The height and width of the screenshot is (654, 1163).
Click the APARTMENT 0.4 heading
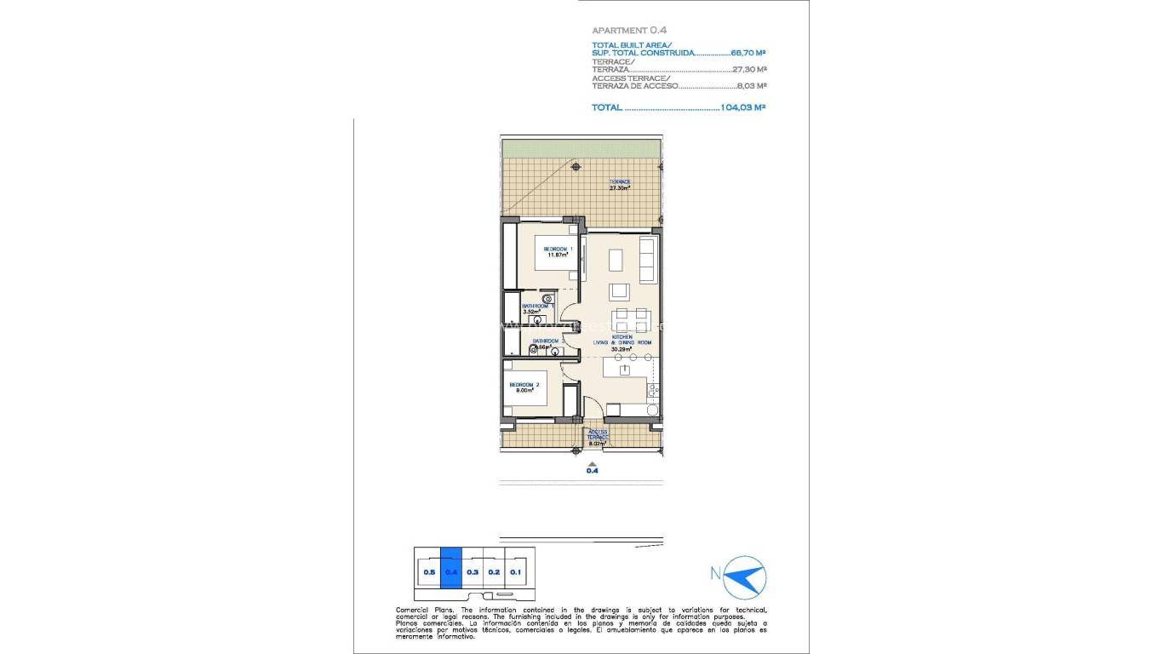[x=629, y=30]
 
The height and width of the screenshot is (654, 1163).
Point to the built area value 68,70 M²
[x=749, y=53]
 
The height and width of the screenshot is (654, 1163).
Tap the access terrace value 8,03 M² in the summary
[x=752, y=86]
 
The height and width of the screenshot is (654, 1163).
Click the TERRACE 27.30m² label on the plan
[x=619, y=185]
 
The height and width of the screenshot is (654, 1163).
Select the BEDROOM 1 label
[x=558, y=251]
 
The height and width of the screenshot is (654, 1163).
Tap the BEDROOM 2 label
[x=522, y=388]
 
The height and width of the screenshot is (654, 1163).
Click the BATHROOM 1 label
[x=537, y=308]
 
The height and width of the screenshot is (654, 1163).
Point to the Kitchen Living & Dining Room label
[x=622, y=342]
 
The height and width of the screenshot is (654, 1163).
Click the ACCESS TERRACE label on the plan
[x=598, y=437]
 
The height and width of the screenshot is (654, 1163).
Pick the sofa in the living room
[x=648, y=261]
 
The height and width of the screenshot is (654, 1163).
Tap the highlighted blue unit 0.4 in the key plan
[x=450, y=572]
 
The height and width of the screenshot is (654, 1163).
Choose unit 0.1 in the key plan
[x=515, y=572]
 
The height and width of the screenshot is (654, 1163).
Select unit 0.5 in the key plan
[x=428, y=572]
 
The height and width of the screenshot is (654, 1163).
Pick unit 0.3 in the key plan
[x=473, y=572]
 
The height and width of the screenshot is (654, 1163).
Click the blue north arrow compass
[x=746, y=576]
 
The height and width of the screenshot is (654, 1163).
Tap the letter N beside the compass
[x=715, y=573]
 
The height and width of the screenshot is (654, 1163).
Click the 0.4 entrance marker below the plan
[x=593, y=469]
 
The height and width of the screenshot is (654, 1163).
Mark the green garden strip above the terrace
[x=581, y=148]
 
